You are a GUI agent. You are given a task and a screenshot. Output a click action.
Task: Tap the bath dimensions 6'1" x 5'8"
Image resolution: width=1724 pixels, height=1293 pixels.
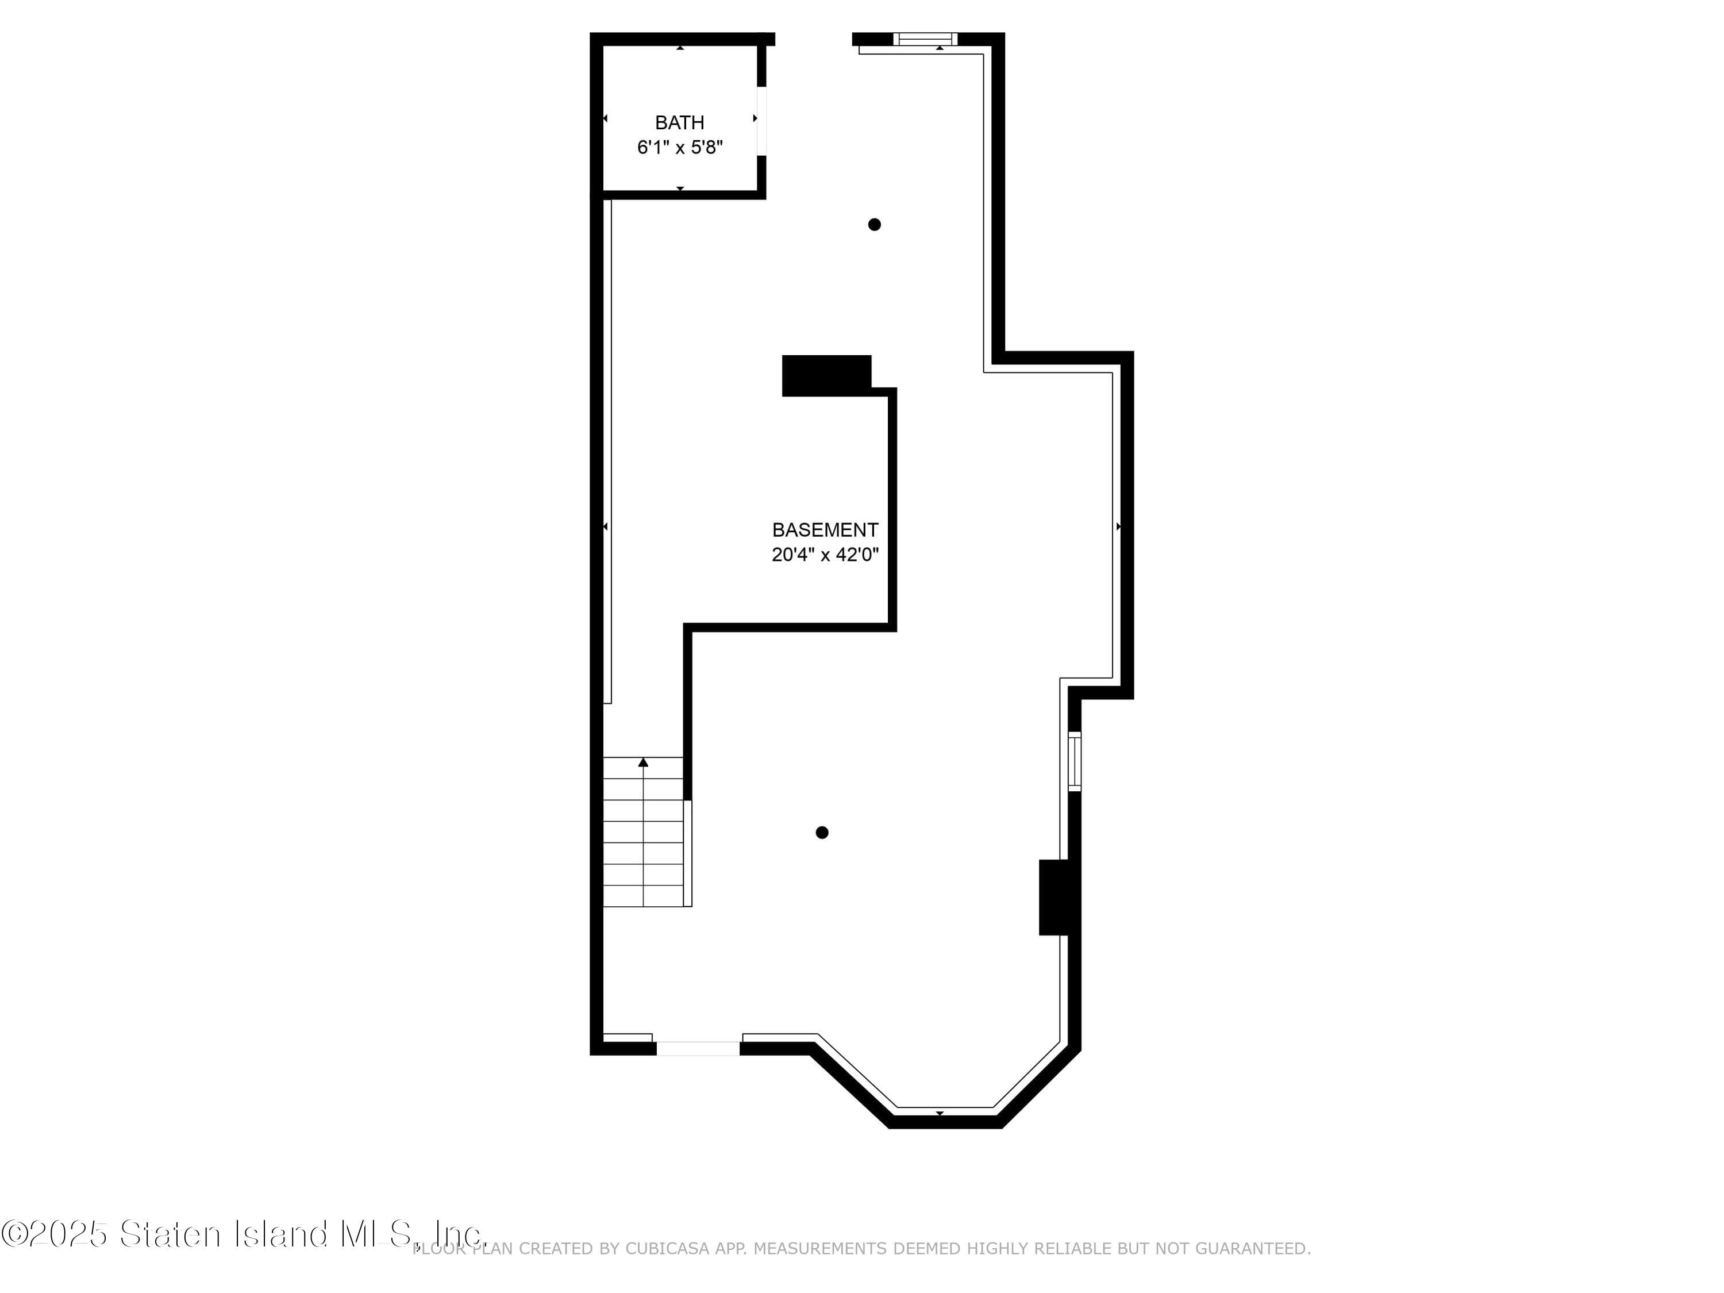(680, 147)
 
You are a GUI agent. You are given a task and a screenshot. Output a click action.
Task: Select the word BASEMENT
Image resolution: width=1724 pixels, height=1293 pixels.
(825, 530)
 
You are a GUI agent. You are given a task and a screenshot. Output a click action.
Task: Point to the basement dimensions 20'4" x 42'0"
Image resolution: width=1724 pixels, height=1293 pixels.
(825, 555)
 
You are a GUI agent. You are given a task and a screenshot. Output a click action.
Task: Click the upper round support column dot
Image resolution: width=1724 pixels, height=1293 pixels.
(875, 225)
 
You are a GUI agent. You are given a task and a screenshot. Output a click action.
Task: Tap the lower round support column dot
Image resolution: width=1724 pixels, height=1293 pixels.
(821, 832)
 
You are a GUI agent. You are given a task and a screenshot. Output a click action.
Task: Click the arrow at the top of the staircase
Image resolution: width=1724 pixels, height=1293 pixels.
(643, 762)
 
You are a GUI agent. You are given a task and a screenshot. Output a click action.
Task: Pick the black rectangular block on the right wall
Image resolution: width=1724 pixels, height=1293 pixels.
(1054, 897)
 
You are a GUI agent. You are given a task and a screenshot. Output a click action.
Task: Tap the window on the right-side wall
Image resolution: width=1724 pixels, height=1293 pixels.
(1074, 761)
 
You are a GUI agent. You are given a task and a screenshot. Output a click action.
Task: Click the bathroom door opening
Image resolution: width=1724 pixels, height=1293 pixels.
(761, 121)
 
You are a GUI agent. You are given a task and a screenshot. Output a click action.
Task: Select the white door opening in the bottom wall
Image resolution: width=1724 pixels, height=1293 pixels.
(698, 1048)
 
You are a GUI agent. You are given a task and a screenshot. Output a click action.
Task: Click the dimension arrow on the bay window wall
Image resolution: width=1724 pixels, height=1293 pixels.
(940, 1113)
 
